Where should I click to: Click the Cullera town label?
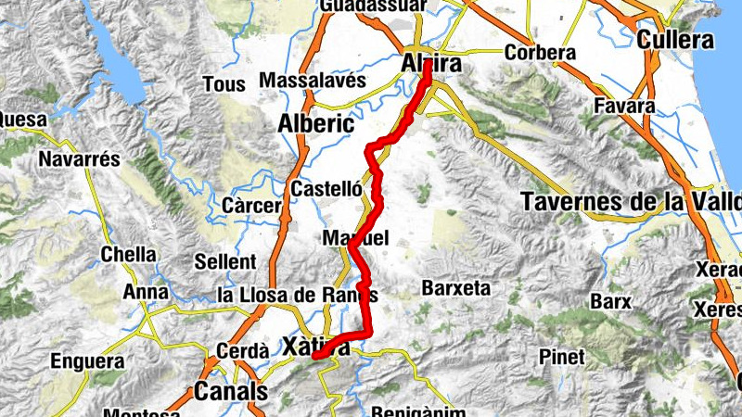pos(675,40)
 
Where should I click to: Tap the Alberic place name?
pos(315,122)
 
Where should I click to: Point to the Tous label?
pos(224,84)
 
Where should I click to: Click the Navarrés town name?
pos(80,159)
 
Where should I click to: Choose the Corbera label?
pos(540,53)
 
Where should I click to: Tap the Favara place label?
pos(625,105)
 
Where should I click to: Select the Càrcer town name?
pos(252,205)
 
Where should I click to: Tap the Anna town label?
pos(144,293)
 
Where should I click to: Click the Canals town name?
pos(231,392)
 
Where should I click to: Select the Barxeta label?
pos(455,288)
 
